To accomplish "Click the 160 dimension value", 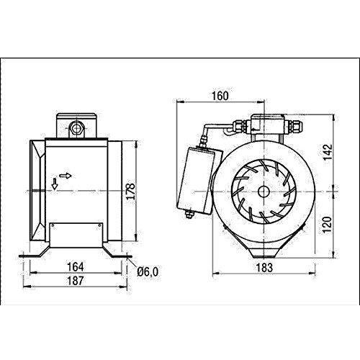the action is point(220,96).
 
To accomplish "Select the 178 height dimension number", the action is point(131,192).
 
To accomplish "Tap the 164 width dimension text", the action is point(76,267).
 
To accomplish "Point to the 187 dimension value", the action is point(76,281).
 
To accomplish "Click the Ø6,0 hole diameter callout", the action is point(148,272).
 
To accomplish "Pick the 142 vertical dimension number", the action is point(328,153).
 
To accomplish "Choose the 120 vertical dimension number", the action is point(327,225).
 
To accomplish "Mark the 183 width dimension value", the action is point(264,268).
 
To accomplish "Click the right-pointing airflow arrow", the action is point(66,176).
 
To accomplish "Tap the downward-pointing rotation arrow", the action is point(55,184).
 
